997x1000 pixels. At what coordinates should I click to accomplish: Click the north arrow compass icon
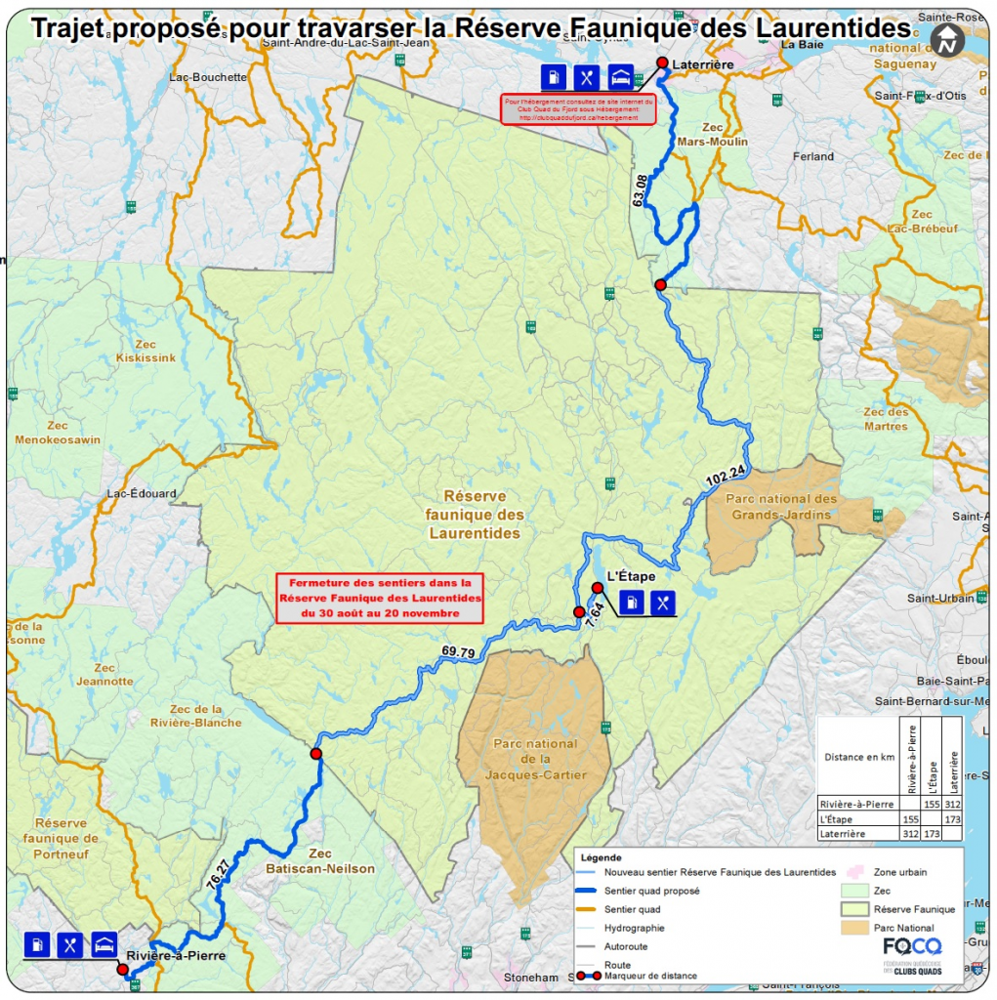coord(946,40)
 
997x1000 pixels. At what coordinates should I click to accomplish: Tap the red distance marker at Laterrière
coord(661,62)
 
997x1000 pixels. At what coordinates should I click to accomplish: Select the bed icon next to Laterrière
coord(620,76)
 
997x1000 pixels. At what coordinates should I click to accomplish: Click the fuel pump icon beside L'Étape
coord(632,603)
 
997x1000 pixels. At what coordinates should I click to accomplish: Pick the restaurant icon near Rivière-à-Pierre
coord(70,944)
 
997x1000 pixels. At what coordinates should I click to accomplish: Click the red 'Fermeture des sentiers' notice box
coord(380,598)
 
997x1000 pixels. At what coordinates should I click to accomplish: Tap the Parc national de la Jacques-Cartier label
coord(535,759)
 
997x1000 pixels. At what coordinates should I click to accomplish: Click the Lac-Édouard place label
coord(142,493)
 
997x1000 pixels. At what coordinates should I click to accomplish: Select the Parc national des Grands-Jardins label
coord(781,507)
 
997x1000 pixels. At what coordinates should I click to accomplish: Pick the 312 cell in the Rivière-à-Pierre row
coord(952,804)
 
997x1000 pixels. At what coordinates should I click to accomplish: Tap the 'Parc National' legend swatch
coord(854,928)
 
